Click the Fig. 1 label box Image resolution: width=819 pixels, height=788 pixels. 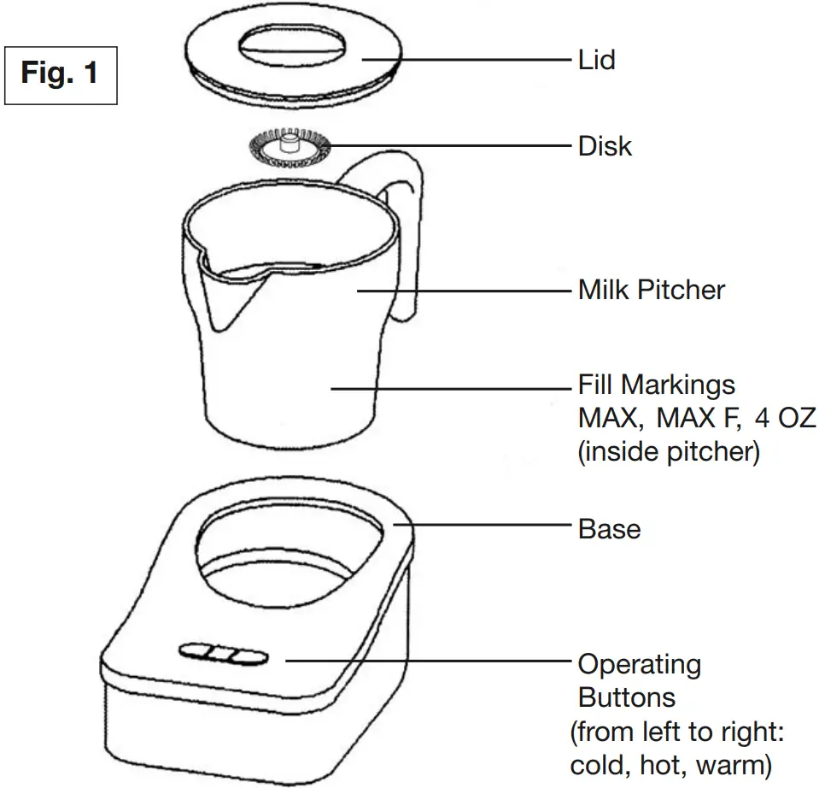click(60, 74)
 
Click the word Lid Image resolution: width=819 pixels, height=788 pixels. click(596, 60)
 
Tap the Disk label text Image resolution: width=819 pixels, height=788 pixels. click(605, 146)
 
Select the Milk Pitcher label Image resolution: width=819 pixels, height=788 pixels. click(651, 290)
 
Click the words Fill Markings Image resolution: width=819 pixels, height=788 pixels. click(656, 385)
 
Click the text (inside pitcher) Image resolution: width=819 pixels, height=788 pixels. click(668, 452)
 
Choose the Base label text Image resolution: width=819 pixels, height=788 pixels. click(609, 529)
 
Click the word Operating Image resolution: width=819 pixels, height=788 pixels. click(639, 664)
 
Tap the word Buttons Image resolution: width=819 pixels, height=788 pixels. click(626, 697)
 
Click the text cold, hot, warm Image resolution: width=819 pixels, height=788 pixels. click(670, 763)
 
